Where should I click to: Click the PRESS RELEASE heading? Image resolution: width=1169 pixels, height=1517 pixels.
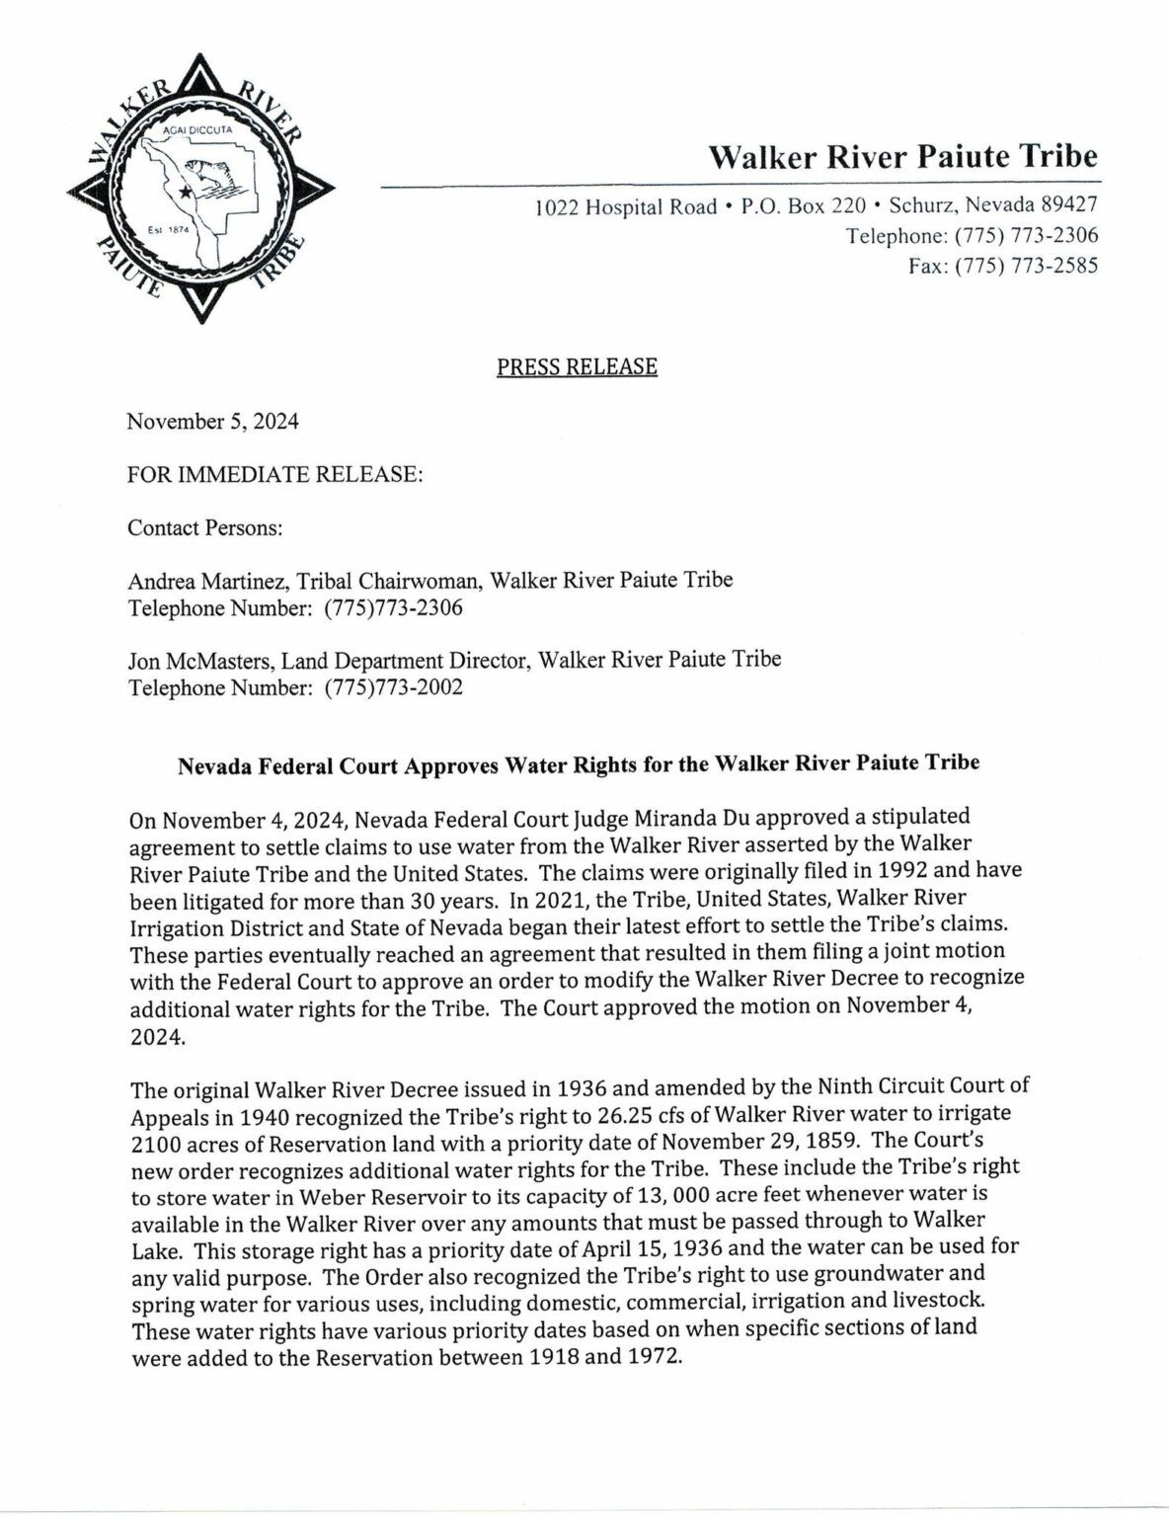[x=577, y=366]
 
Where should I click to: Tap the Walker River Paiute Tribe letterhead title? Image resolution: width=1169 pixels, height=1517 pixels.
[x=903, y=157]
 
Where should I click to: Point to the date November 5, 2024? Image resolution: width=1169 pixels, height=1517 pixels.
[x=213, y=422]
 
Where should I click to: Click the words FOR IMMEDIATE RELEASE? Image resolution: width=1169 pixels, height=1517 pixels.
[x=275, y=474]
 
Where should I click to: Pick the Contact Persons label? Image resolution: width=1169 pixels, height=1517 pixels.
[x=205, y=527]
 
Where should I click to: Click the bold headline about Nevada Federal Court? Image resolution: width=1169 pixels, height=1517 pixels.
[x=578, y=764]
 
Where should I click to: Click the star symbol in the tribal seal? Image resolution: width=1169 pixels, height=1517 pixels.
[x=185, y=194]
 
